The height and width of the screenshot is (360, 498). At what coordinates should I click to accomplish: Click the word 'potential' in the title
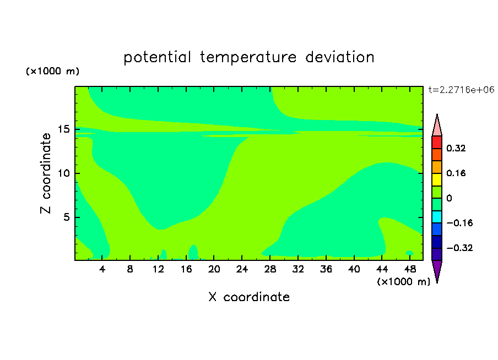coord(157,58)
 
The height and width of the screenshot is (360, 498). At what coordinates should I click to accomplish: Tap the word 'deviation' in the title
coord(339,57)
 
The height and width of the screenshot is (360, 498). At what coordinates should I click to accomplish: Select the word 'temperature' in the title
coord(248,58)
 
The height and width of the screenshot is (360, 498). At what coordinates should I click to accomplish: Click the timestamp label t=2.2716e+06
coord(461,90)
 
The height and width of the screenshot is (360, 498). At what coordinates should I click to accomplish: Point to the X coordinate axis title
coord(249,297)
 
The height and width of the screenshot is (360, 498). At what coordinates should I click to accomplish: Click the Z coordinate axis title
coord(46,173)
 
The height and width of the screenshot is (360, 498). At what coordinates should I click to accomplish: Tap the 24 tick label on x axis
coord(242,269)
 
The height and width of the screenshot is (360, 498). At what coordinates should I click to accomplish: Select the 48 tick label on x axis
coord(410,269)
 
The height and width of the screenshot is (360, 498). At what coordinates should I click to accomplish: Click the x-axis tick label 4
coord(102,269)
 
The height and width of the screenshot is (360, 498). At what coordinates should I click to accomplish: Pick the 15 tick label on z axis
coord(63,129)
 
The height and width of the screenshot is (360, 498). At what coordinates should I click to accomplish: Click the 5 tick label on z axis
coord(66,217)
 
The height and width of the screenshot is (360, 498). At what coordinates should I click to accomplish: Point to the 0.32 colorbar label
coord(456,148)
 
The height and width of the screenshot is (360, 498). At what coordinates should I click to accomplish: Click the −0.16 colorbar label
coord(459,223)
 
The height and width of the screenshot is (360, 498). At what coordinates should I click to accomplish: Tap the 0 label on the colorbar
coord(449,198)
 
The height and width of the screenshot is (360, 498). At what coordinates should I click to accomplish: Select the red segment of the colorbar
coord(437,142)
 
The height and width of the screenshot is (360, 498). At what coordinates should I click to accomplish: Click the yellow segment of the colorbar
coord(437,179)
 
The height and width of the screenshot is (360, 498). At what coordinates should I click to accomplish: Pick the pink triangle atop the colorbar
coord(437,126)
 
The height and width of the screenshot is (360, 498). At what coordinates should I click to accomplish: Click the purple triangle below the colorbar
coord(437,270)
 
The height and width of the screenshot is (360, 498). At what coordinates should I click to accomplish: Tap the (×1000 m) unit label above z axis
coord(52,71)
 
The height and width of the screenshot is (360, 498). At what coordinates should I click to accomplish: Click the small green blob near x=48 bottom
coord(409,253)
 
